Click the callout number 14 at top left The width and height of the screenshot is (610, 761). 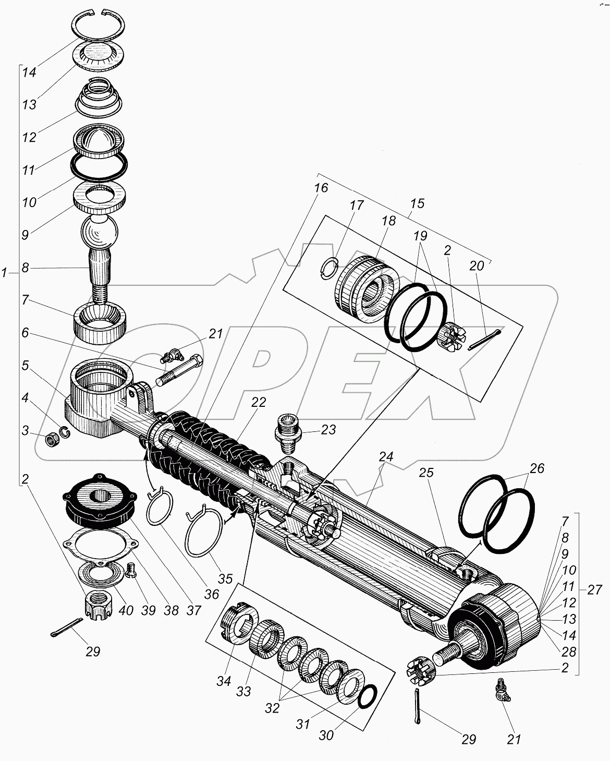(x=29, y=73)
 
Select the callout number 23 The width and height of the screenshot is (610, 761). (x=328, y=430)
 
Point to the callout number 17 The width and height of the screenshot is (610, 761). (x=357, y=205)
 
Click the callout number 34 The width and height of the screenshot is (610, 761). (x=224, y=681)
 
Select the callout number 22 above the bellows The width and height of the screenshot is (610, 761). (x=259, y=402)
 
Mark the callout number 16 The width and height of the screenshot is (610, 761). (x=321, y=188)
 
